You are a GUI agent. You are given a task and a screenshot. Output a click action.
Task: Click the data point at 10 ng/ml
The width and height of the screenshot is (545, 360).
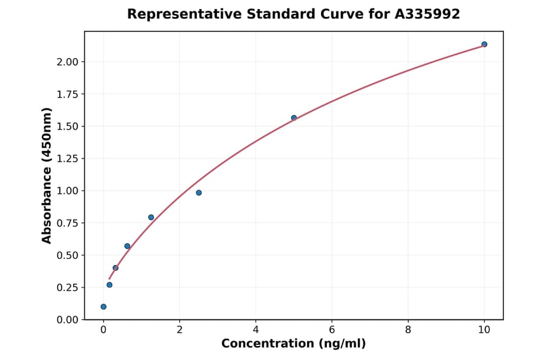point(484,44)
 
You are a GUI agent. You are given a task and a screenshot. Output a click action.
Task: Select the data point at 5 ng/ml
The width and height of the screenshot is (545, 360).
point(294,118)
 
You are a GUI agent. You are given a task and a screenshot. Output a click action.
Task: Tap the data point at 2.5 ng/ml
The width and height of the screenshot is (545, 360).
point(199,193)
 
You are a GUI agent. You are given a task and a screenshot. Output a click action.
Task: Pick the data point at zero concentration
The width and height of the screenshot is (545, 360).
point(104,307)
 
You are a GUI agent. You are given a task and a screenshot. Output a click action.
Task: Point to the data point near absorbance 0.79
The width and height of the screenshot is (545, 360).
point(151,217)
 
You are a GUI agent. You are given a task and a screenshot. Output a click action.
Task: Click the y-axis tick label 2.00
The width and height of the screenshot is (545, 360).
point(67,62)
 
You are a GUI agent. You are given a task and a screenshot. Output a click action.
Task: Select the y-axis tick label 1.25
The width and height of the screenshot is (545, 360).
point(67,159)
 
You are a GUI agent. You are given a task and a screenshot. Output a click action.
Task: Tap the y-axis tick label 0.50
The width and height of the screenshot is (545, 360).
point(67,255)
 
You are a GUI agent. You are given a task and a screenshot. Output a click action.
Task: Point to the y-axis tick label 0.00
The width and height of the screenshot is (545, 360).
point(67,319)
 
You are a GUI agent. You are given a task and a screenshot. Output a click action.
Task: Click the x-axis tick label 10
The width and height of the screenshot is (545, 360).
point(484,330)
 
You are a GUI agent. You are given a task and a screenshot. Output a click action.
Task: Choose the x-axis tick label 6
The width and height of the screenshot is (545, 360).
point(332,330)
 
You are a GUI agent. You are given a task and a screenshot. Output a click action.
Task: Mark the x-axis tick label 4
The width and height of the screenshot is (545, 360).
point(256,330)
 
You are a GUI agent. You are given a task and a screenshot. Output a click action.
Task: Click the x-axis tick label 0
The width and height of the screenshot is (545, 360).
point(104,330)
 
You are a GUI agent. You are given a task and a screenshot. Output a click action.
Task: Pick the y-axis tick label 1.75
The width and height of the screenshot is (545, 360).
point(67,94)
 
